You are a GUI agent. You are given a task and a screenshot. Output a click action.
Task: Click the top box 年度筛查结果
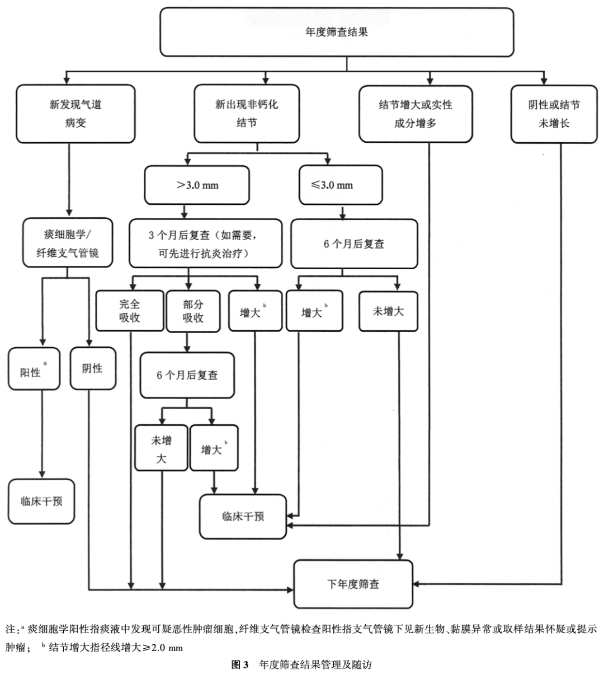337,32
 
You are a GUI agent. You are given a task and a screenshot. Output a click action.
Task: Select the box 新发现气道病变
75,114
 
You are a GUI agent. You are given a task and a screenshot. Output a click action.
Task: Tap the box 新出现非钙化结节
247,114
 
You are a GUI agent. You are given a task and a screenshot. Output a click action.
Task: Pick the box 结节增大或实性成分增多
415,114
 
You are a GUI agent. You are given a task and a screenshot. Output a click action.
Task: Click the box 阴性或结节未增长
554,114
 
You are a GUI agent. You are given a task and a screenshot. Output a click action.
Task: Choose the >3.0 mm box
197,185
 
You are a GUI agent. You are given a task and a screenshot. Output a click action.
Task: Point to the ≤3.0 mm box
340,185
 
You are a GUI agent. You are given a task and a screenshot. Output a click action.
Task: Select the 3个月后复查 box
205,243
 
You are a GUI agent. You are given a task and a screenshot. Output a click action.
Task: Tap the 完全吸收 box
130,311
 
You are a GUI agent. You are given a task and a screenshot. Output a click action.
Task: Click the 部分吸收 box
193,311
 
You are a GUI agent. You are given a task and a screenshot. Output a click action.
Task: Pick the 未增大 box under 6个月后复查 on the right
388,311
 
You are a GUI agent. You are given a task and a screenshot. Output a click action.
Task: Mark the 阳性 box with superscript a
34,369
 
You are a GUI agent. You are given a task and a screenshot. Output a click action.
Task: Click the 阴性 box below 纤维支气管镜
92,368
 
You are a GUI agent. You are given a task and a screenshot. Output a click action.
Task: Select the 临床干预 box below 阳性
41,502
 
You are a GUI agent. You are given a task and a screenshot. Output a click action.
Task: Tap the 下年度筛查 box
353,584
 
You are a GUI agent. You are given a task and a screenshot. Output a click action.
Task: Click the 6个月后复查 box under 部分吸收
187,375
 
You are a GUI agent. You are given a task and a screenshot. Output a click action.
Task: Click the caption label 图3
240,665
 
